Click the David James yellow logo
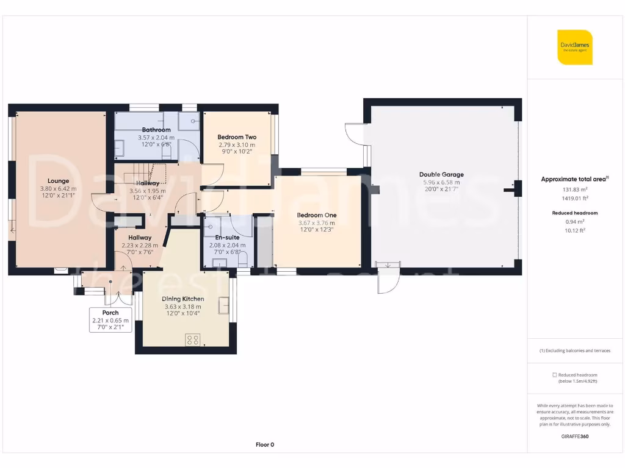[574, 47]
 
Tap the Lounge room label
[59, 181]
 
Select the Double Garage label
[441, 174]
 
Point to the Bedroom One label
[316, 215]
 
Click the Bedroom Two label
[237, 137]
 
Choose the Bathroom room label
[156, 130]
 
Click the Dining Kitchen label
[182, 299]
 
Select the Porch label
[110, 313]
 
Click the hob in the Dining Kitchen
[193, 339]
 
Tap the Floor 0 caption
[265, 445]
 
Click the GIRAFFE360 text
[574, 436]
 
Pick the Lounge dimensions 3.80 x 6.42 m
[59, 188]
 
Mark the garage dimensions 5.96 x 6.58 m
[441, 182]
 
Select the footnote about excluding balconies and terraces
[574, 350]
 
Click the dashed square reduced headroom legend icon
[554, 375]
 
